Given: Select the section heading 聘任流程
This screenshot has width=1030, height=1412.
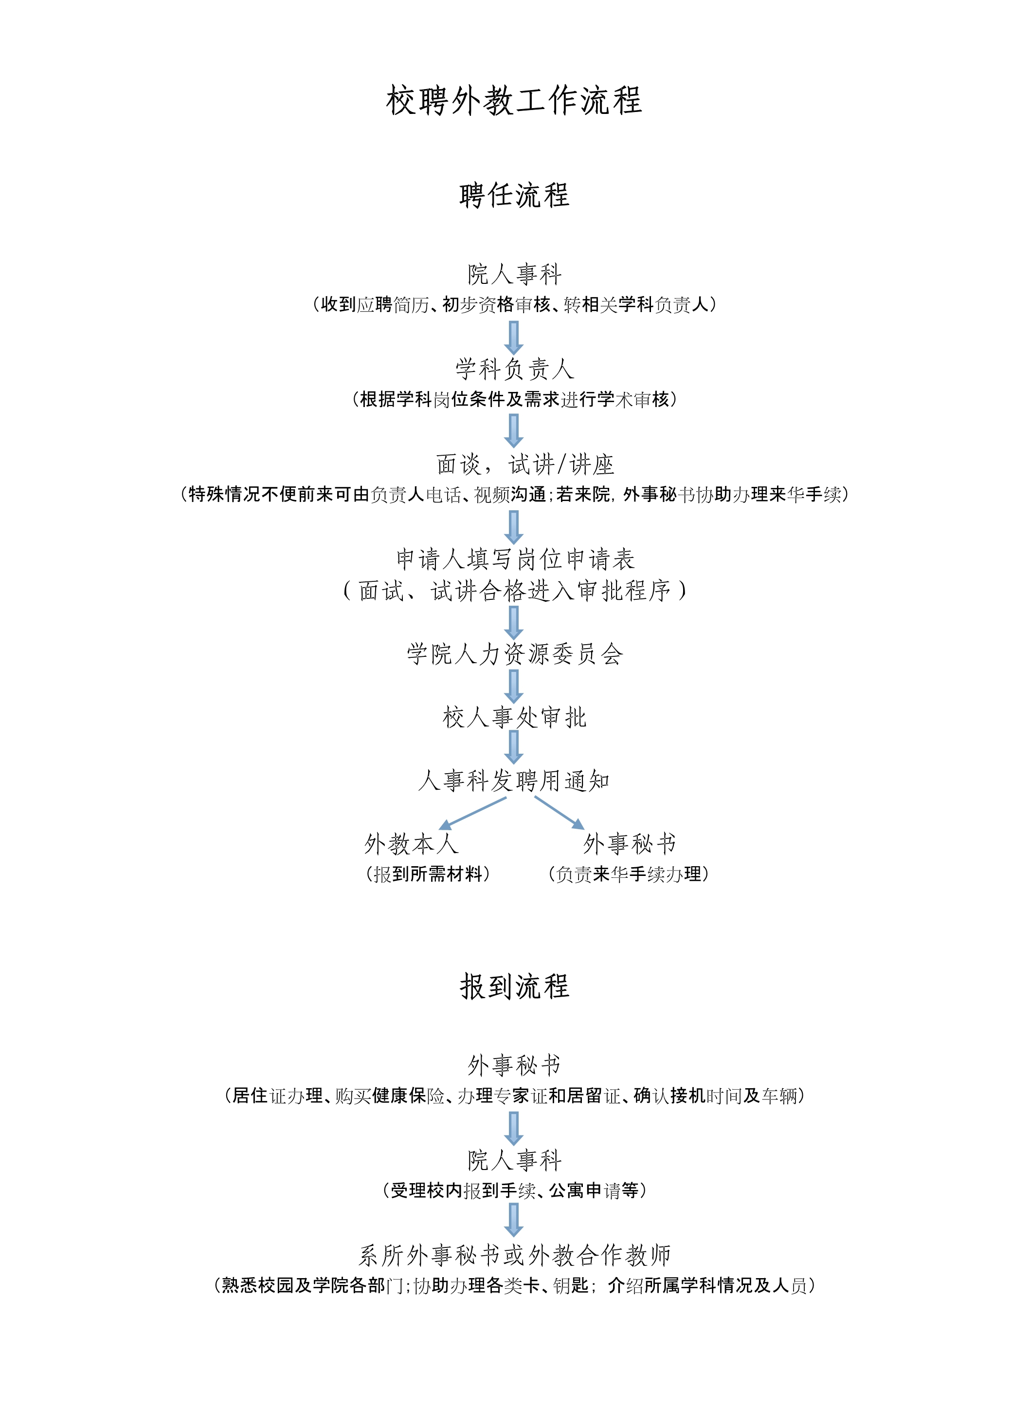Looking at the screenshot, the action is [x=514, y=195].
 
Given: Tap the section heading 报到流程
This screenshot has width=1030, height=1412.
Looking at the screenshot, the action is [x=514, y=986].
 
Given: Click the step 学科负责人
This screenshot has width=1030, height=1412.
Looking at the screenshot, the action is [x=514, y=369].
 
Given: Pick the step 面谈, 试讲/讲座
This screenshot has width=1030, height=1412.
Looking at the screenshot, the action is [x=525, y=464].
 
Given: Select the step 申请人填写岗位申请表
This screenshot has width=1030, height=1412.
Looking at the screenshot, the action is [x=515, y=559].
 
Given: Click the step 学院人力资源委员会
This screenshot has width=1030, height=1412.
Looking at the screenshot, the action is [x=514, y=654].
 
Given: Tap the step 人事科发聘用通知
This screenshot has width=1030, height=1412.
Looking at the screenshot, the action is [x=514, y=780].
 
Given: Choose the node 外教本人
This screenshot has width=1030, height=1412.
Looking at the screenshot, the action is [x=412, y=844].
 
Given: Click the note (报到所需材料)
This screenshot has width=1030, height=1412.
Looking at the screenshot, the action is [x=428, y=874].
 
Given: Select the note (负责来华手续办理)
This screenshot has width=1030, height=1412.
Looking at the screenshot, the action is [x=629, y=874].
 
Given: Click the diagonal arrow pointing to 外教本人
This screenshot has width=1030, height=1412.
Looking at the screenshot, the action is [x=472, y=814].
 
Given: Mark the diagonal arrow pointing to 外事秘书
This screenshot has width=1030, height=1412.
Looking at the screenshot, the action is [x=559, y=813].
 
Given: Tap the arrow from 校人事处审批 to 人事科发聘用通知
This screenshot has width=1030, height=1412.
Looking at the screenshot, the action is [x=514, y=747].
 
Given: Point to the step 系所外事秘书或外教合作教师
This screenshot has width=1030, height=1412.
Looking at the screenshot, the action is [x=514, y=1255].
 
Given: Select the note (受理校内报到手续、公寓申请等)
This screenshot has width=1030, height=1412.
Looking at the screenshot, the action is [x=514, y=1190].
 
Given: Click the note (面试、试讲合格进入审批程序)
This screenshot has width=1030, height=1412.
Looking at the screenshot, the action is [x=514, y=590].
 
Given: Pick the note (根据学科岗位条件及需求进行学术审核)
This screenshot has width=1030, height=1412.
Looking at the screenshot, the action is [x=514, y=399].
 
